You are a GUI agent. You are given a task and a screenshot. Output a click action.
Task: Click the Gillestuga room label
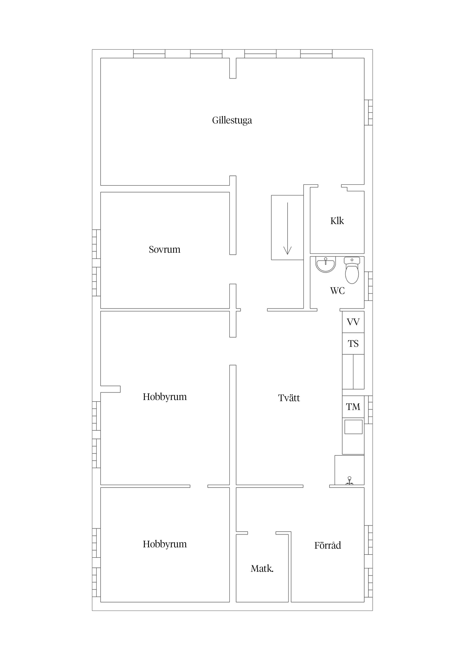(232, 120)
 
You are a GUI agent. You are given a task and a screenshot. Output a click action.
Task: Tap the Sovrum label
(165, 249)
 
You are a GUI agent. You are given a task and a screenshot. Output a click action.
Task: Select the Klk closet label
(337, 221)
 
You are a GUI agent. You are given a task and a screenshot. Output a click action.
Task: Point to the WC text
(337, 291)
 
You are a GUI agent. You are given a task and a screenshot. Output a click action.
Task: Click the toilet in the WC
(352, 270)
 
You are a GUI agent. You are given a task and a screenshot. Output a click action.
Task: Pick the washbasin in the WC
(326, 264)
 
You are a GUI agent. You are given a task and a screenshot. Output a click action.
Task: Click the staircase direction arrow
(287, 229)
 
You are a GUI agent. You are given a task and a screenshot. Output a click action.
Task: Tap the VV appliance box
(353, 322)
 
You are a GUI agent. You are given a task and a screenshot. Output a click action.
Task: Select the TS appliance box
(353, 344)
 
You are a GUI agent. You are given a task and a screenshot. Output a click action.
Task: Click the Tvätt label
(289, 398)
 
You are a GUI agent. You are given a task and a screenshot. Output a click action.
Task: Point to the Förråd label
(328, 545)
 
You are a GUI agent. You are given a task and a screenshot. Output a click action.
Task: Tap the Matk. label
(262, 569)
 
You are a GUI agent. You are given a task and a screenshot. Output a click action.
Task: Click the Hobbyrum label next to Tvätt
(165, 397)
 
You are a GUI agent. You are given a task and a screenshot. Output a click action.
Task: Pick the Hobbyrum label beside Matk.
(165, 544)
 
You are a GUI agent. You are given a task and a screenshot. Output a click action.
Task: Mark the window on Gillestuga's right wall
(369, 112)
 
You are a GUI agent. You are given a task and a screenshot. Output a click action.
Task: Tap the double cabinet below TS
(353, 372)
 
